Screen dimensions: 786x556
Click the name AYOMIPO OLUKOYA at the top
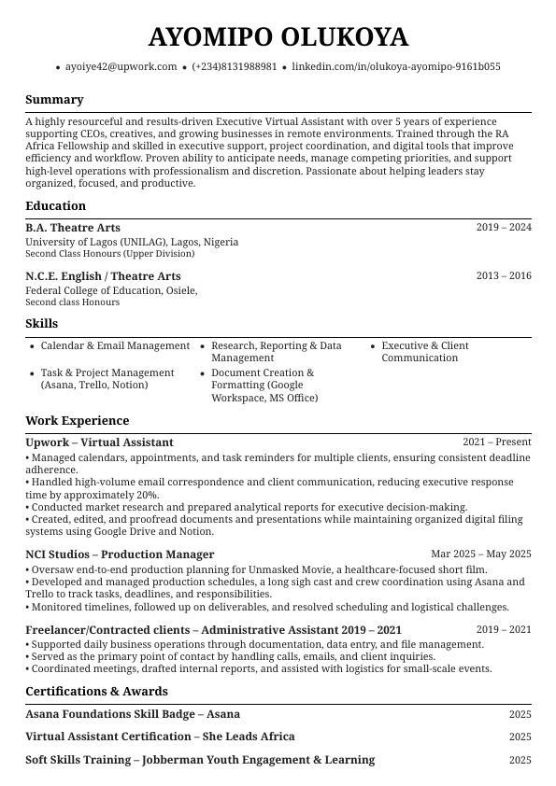(x=278, y=37)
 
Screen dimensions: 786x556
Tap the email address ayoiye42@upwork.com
(x=121, y=67)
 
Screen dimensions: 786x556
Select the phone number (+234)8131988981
(x=234, y=67)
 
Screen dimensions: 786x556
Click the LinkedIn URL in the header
(x=395, y=67)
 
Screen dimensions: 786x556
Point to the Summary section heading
(x=54, y=100)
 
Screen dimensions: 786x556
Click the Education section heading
(x=55, y=206)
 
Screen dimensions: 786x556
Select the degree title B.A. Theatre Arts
(x=73, y=228)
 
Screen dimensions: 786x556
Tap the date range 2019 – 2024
(x=503, y=228)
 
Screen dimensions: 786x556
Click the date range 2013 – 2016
(x=503, y=276)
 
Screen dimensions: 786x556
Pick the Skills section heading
(x=41, y=324)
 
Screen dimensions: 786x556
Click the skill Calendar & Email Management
(x=115, y=346)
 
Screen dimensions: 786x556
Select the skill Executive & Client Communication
(x=425, y=352)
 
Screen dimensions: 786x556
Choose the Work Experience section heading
(x=77, y=421)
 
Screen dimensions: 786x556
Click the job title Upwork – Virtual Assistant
(x=99, y=442)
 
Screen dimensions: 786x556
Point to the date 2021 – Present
(x=496, y=442)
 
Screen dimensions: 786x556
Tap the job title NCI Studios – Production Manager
(x=120, y=554)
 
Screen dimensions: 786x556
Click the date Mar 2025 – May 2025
(x=480, y=554)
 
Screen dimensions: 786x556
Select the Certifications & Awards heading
(x=96, y=692)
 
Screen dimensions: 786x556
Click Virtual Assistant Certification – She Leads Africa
(x=160, y=737)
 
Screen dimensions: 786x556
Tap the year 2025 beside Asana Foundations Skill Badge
(x=520, y=714)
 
